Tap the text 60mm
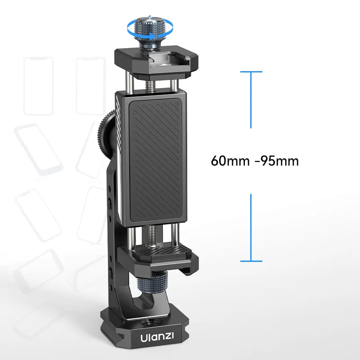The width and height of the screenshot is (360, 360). pos(229,161)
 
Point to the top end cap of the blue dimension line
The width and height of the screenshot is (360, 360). pos(251,72)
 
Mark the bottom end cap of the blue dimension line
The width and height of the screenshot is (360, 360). pos(251,261)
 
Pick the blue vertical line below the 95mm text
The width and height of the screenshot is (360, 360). pos(251,227)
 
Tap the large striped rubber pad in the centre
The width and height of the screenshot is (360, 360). pos(157,160)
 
